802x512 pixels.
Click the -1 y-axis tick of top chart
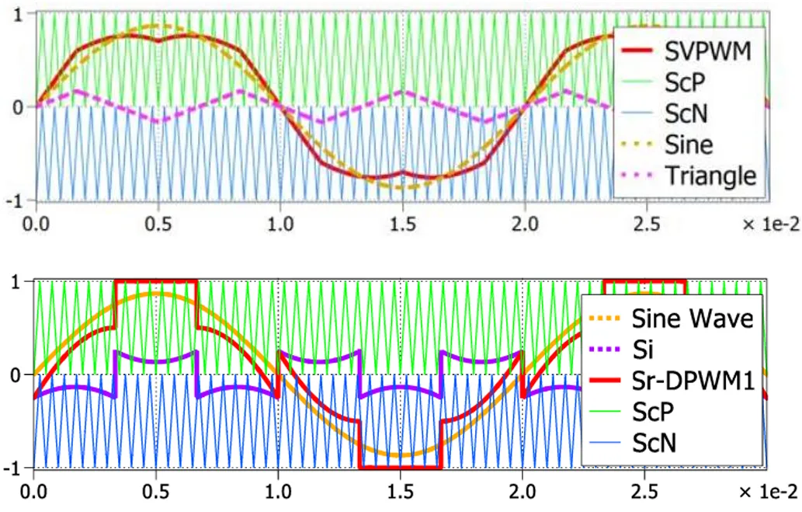[16, 200]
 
